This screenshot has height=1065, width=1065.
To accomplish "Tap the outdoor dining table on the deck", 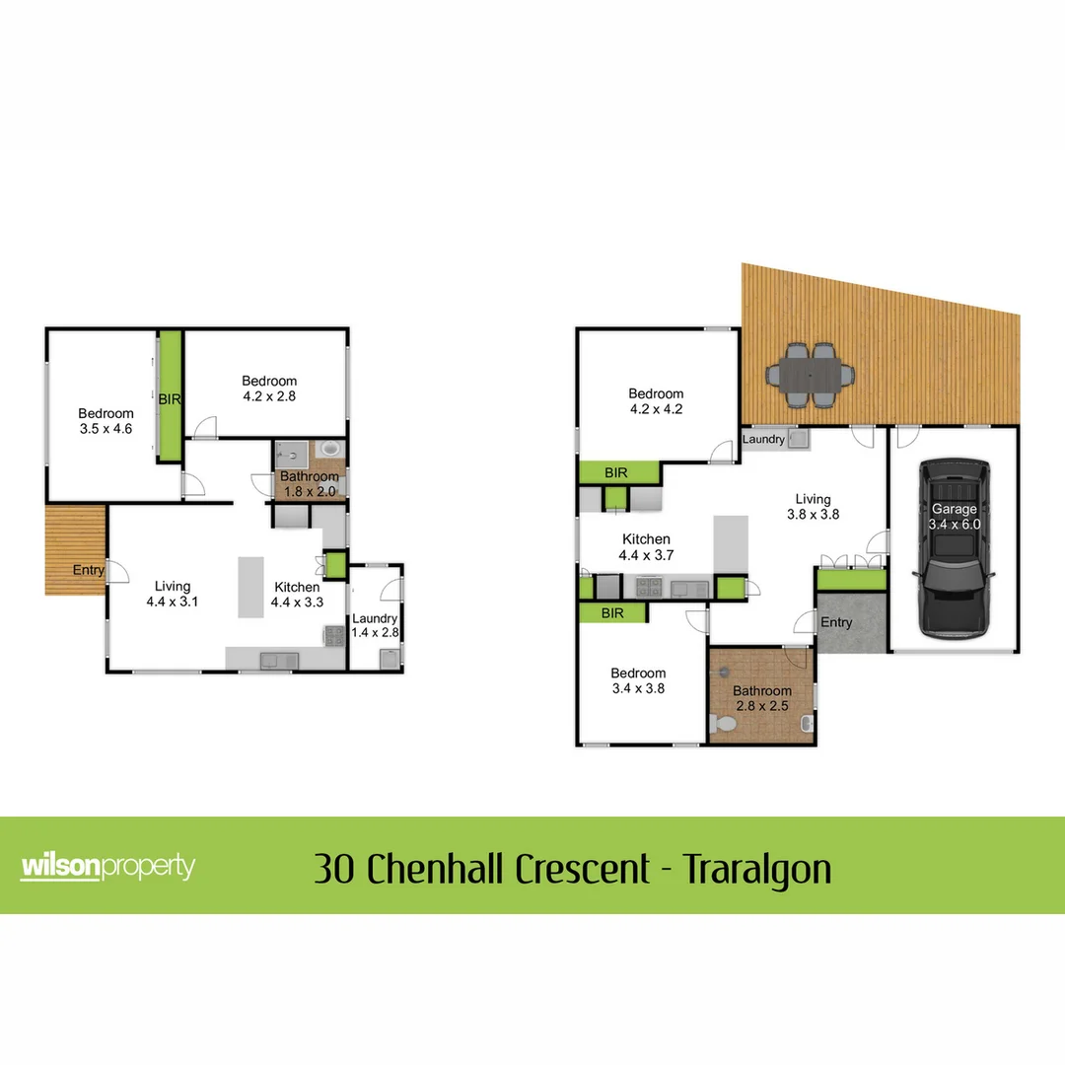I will pyautogui.click(x=811, y=376).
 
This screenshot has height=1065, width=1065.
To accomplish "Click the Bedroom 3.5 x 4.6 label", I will pyautogui.click(x=106, y=421).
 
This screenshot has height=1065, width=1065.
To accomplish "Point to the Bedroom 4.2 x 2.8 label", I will pyautogui.click(x=269, y=389).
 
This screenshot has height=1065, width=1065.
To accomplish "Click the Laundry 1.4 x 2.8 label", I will pyautogui.click(x=375, y=625).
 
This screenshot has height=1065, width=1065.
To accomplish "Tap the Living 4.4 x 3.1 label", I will pyautogui.click(x=173, y=594).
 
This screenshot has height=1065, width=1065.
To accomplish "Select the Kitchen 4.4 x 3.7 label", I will pyautogui.click(x=646, y=547).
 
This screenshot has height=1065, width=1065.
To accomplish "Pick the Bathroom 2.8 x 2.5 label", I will pyautogui.click(x=761, y=699).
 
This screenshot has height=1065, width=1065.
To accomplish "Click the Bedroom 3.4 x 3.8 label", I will pyautogui.click(x=637, y=681).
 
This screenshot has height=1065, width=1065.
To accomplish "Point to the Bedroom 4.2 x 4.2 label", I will pyautogui.click(x=656, y=400).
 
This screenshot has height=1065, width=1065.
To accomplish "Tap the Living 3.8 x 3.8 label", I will pyautogui.click(x=814, y=507).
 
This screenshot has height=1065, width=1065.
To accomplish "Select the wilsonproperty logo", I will pyautogui.click(x=107, y=867).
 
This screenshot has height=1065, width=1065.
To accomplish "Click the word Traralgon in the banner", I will pyautogui.click(x=757, y=870).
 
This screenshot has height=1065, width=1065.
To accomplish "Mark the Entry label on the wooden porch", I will pyautogui.click(x=88, y=570).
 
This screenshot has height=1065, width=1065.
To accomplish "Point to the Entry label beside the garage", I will pyautogui.click(x=836, y=623).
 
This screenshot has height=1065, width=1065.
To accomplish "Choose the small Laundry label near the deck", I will pyautogui.click(x=763, y=439).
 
